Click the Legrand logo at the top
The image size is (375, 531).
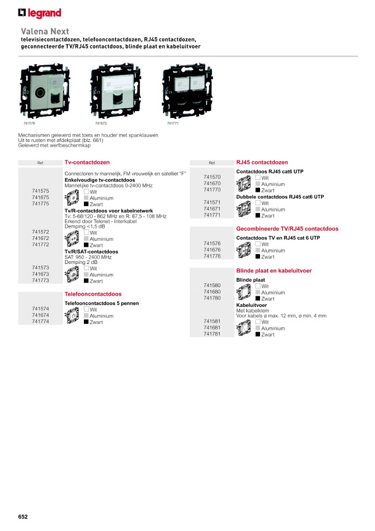(40, 13)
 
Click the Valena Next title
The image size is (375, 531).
(45, 31)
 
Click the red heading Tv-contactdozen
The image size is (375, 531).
(87, 162)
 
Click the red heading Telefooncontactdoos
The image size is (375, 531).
(93, 294)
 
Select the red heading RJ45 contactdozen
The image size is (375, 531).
(262, 162)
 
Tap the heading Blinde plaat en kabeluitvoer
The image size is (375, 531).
(274, 271)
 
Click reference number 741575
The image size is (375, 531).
(41, 191)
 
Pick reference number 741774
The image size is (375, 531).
(41, 322)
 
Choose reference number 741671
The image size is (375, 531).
(213, 209)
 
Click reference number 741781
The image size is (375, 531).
(213, 334)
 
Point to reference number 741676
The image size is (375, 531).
(213, 250)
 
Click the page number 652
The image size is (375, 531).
(23, 517)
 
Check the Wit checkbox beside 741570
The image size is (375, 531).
(257, 177)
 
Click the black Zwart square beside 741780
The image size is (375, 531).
(257, 298)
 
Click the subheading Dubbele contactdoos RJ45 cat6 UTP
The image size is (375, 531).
(280, 197)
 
